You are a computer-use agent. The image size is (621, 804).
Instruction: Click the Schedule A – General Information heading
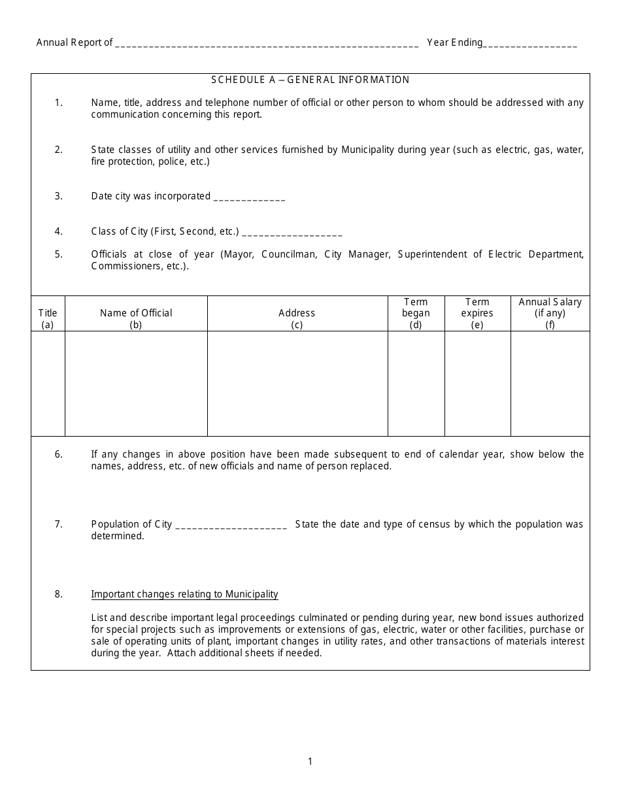pyautogui.click(x=310, y=80)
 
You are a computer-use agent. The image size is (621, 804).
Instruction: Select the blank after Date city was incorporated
pyautogui.click(x=249, y=197)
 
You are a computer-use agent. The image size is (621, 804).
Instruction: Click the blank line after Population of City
pyautogui.click(x=231, y=526)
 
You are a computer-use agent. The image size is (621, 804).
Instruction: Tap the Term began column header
pyautogui.click(x=416, y=313)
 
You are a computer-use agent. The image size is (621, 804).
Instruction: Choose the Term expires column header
pyautogui.click(x=477, y=313)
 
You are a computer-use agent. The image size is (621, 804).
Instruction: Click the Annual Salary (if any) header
pyautogui.click(x=550, y=313)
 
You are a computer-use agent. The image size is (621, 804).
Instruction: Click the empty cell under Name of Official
pyautogui.click(x=136, y=383)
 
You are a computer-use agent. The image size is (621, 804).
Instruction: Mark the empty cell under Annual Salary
pyautogui.click(x=550, y=383)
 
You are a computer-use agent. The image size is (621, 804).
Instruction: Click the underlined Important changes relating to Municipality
pyautogui.click(x=184, y=594)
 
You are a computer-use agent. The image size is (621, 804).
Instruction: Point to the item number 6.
pyautogui.click(x=59, y=454)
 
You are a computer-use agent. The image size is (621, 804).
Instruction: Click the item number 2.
pyautogui.click(x=59, y=150)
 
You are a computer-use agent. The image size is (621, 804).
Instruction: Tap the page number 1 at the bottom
pyautogui.click(x=310, y=761)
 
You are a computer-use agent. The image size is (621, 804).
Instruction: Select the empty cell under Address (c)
pyautogui.click(x=297, y=383)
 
